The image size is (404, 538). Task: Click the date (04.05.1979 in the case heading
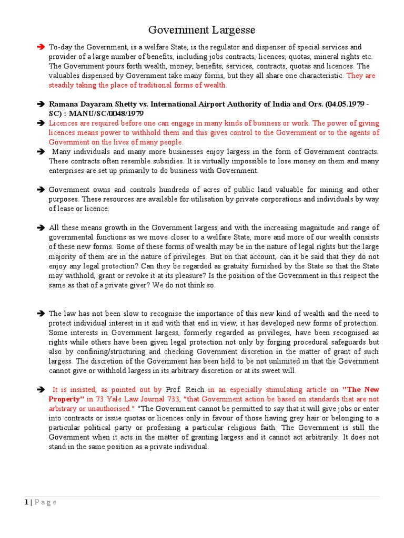coord(338,104)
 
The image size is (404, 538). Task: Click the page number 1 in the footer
coord(26,502)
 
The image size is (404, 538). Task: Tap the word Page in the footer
coord(46,502)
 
